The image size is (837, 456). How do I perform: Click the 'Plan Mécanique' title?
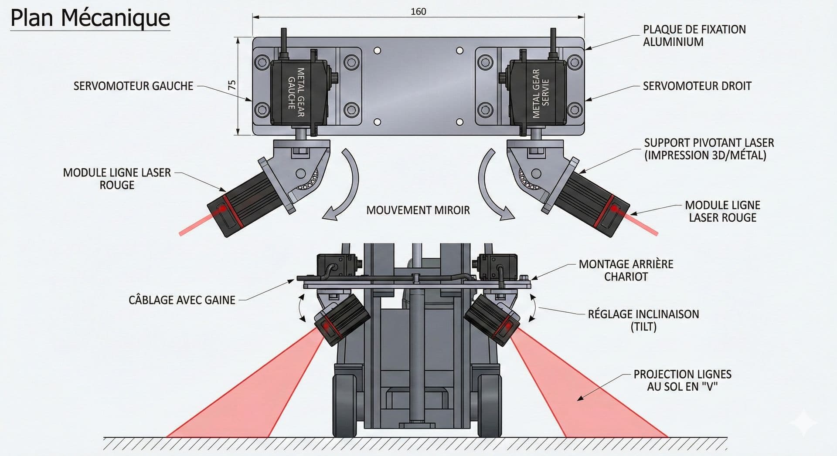[90, 18]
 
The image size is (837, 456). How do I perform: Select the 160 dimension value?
[418, 12]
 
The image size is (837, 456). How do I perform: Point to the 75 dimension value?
[232, 85]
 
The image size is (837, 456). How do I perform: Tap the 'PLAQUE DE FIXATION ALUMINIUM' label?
[694, 36]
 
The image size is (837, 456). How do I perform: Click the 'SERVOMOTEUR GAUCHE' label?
[133, 86]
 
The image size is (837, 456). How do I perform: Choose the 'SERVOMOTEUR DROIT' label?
[697, 86]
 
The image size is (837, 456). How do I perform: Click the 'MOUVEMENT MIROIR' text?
[418, 210]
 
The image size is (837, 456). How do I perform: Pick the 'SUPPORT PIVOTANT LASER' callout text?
[708, 149]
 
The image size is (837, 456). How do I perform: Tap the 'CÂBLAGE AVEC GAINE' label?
[182, 300]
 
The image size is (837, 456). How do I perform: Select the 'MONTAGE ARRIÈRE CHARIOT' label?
[626, 270]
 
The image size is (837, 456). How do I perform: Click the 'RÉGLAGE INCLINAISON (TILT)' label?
[643, 320]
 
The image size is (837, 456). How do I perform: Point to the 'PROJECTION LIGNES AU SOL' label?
[682, 380]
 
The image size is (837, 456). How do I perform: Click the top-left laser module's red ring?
[231, 212]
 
